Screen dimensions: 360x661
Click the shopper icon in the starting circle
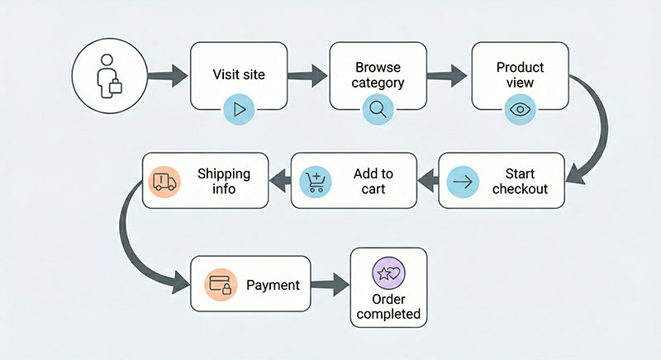[x=110, y=78]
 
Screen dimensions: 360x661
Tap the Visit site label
[x=239, y=74]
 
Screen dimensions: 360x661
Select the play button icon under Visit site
[x=240, y=108]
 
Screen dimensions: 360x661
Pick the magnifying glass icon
[x=378, y=108]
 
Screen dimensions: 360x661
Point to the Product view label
[x=521, y=74]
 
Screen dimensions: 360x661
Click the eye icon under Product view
[x=520, y=108]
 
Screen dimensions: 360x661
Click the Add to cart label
[x=373, y=181]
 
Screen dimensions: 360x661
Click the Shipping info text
[x=223, y=181]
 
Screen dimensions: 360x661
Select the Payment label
[x=273, y=286]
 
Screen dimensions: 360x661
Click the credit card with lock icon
[x=220, y=286]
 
